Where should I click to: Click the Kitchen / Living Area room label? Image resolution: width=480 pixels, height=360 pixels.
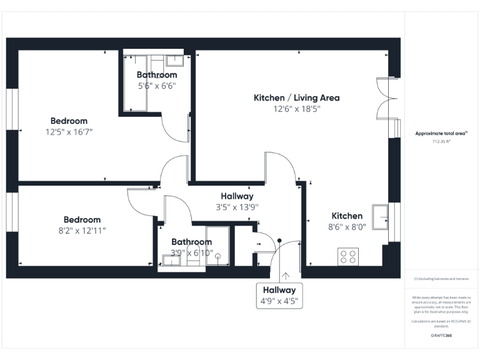tap(296, 98)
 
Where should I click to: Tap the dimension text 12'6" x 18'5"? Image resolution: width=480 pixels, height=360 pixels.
tap(296, 109)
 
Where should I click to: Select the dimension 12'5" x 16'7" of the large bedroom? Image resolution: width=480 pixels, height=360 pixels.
tap(69, 132)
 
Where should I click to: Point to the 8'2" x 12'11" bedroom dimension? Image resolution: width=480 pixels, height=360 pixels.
tap(82, 231)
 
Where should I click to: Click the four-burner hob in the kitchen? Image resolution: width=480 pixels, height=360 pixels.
tap(348, 256)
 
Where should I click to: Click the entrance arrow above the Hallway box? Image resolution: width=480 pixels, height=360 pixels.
tap(286, 276)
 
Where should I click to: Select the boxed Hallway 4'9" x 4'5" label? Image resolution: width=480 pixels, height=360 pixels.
tap(279, 296)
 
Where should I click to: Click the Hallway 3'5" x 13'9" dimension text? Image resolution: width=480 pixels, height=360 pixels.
tap(237, 207)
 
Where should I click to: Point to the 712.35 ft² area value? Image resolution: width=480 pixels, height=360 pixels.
tap(441, 141)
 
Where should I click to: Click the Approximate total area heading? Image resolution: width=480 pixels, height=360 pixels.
tap(441, 133)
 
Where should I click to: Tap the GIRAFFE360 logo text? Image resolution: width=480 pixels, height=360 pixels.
tap(441, 336)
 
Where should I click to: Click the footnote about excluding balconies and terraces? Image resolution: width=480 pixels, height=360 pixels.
tap(441, 279)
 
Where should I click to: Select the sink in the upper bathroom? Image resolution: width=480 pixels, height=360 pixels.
tap(174, 61)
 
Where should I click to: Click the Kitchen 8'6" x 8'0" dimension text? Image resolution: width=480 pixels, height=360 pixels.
tap(347, 227)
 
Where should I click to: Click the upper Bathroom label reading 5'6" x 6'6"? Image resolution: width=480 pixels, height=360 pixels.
tap(157, 86)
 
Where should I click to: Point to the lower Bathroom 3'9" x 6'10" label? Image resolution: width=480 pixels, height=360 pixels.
tap(192, 253)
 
